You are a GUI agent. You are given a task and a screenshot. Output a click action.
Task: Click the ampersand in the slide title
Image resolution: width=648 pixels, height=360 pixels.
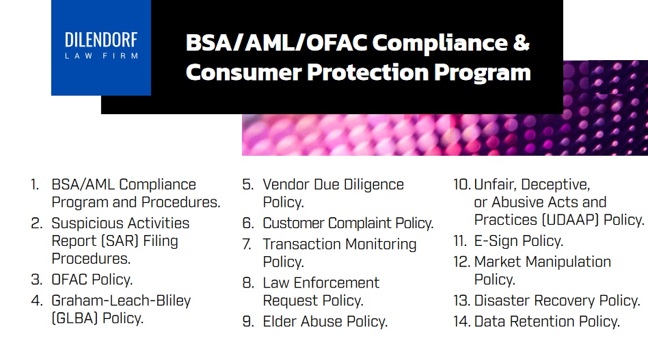521,42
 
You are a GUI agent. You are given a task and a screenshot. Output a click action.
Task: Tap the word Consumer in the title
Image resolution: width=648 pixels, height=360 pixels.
235,72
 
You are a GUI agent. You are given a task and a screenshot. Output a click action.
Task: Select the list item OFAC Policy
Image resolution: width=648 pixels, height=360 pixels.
92,279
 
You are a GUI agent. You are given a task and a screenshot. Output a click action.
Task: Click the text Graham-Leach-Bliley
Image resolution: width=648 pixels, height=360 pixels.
121,300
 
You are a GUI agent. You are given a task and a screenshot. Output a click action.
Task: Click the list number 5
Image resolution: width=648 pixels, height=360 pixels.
247,184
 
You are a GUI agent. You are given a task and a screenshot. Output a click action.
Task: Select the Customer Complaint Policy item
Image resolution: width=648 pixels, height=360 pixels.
348,223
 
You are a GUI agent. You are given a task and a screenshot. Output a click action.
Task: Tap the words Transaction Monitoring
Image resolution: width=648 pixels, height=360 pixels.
339,244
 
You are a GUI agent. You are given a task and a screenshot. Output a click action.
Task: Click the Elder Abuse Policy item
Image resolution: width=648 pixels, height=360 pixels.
325,321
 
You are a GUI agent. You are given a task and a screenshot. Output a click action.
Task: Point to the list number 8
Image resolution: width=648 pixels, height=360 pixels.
247,283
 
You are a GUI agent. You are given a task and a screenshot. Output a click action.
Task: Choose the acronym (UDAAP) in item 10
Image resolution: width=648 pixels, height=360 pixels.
564,220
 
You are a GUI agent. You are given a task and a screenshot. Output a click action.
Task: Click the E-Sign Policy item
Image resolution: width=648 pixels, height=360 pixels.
518,240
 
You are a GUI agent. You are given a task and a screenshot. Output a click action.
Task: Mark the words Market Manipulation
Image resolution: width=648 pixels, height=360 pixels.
542,262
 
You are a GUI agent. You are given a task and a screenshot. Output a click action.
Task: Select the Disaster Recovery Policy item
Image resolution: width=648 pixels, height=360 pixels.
556,301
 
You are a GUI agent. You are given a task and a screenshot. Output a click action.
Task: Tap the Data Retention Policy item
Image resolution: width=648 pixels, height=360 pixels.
547,321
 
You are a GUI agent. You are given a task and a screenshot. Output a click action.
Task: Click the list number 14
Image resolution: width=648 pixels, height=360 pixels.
461,321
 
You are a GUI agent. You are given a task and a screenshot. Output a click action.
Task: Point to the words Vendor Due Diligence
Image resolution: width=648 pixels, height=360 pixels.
333,184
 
